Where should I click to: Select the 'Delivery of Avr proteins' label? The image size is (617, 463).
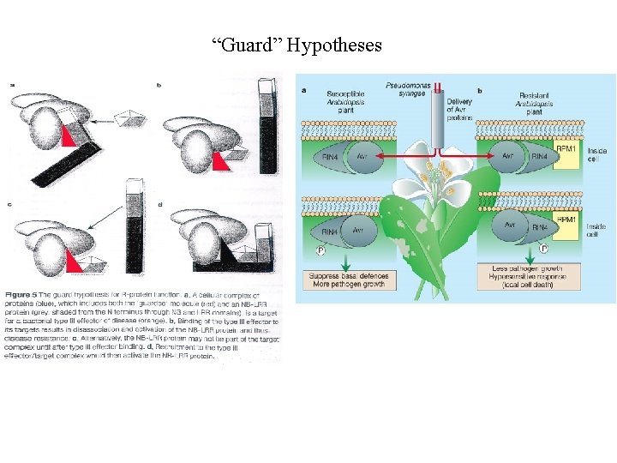coord(459,106)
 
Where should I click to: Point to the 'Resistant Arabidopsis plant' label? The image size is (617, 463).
coord(534,102)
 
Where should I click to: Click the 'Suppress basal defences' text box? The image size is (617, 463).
coord(350,280)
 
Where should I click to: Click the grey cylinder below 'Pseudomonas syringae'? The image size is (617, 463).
coord(438,129)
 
